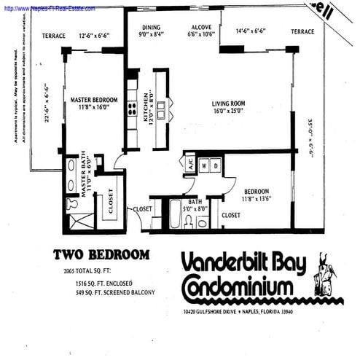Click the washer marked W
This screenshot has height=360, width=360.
[205, 165]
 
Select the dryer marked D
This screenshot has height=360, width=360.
[216, 165]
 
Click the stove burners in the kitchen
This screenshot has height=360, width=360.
[133, 108]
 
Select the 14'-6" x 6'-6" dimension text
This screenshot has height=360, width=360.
[251, 31]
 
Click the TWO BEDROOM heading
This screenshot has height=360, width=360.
[102, 255]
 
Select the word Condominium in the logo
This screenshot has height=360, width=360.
[240, 286]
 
